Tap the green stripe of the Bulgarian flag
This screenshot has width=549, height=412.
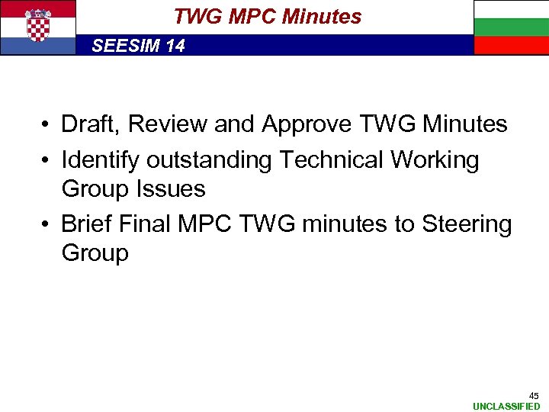511,27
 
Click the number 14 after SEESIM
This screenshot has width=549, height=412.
175,46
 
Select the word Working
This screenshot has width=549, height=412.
435,161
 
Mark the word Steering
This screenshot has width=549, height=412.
467,225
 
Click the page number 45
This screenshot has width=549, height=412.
535,395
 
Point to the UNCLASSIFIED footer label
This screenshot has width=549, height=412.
506,406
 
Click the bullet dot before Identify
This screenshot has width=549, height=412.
47,161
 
